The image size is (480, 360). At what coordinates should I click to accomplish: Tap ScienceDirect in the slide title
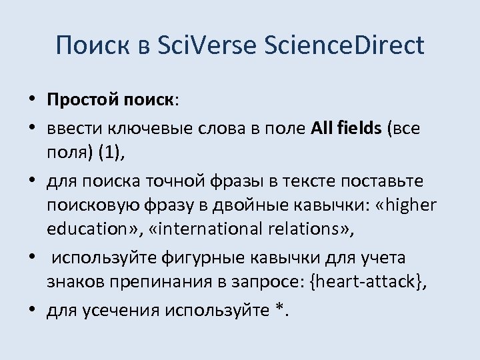[344, 46]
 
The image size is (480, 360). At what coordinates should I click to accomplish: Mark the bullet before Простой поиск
[33, 101]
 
